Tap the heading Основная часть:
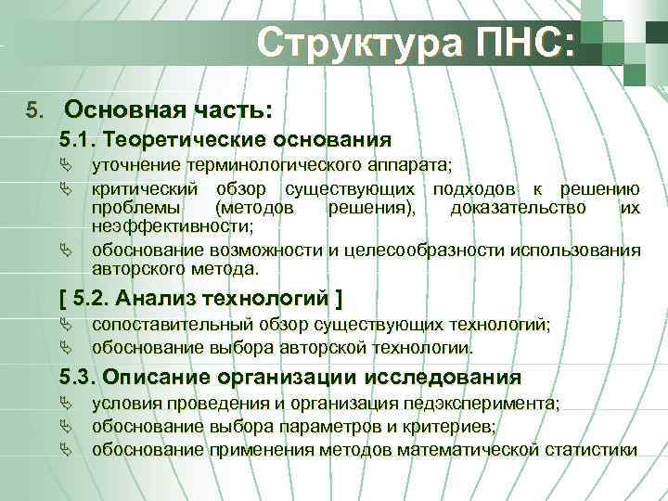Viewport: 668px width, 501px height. [x=168, y=110]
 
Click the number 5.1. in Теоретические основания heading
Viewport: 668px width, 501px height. [x=79, y=140]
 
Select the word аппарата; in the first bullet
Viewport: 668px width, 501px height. [x=410, y=166]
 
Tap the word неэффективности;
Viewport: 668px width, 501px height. [x=173, y=225]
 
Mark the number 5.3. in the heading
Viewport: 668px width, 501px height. [x=79, y=378]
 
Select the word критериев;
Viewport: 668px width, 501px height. [x=446, y=427]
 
